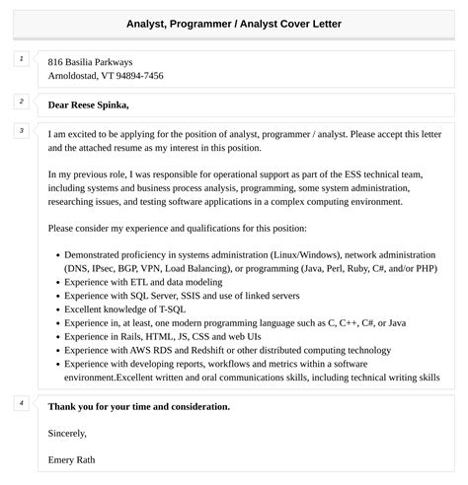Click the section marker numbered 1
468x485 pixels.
pos(21,60)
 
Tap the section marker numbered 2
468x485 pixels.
pos(21,101)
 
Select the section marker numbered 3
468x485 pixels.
pos(21,130)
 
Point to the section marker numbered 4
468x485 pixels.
pos(21,402)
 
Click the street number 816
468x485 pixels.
pos(56,62)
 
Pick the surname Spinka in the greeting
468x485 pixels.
pos(112,104)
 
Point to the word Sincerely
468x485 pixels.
pos(67,432)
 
